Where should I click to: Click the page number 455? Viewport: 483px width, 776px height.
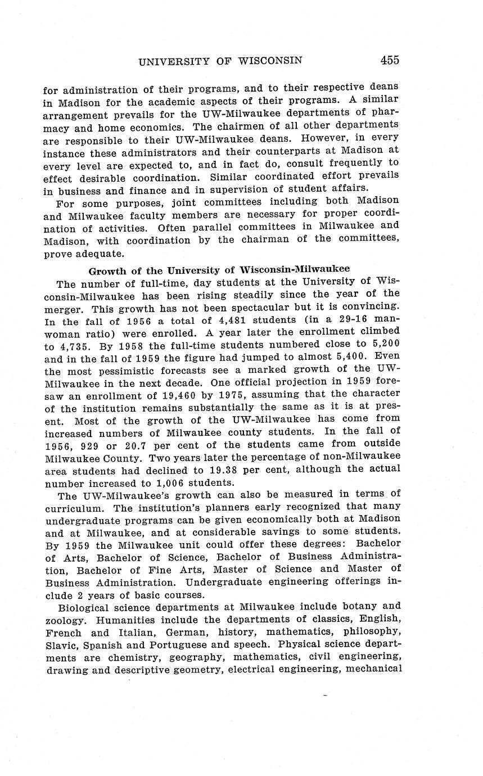(389, 60)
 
